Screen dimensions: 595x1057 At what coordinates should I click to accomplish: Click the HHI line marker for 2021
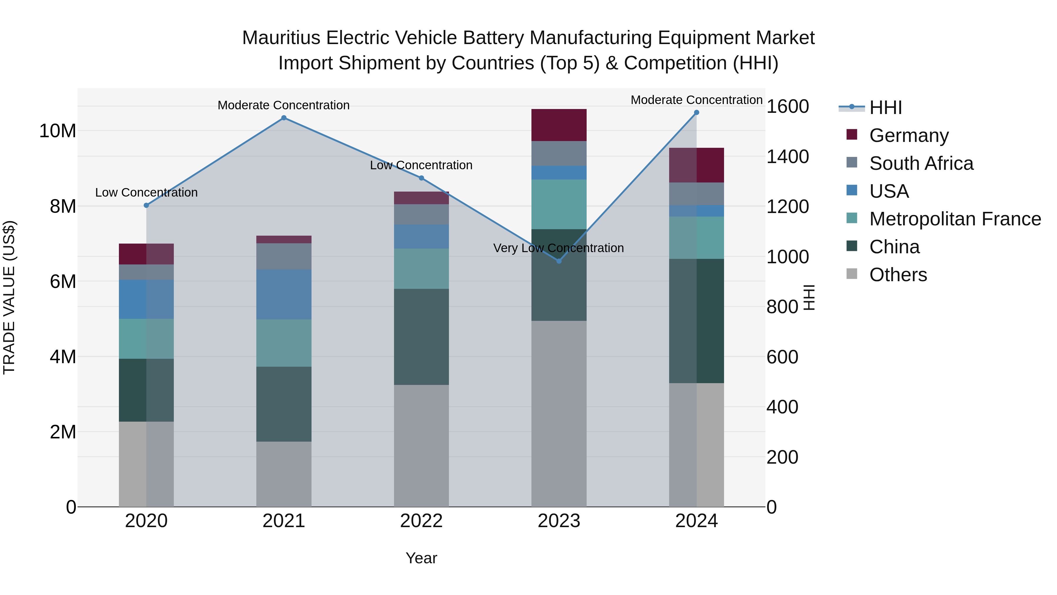pyautogui.click(x=284, y=118)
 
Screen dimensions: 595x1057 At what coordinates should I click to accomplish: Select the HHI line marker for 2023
pyautogui.click(x=558, y=261)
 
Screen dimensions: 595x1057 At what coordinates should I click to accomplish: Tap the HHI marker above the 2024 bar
pyautogui.click(x=696, y=113)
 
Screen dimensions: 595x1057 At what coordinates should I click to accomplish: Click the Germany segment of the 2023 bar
pyautogui.click(x=558, y=125)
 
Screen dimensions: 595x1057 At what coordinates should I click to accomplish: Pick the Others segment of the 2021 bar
pyautogui.click(x=284, y=474)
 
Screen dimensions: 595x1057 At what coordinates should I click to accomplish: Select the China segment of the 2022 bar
pyautogui.click(x=421, y=337)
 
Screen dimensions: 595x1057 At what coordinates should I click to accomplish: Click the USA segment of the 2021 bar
pyautogui.click(x=284, y=294)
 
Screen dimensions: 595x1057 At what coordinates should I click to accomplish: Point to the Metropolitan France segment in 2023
pyautogui.click(x=558, y=204)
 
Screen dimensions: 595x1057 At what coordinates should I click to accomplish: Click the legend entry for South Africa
pyautogui.click(x=921, y=163)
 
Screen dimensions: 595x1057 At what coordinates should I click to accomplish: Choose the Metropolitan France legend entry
pyautogui.click(x=955, y=219)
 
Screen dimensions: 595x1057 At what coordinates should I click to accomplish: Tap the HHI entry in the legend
pyautogui.click(x=885, y=108)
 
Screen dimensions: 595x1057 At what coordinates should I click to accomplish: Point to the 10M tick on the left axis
pyautogui.click(x=58, y=131)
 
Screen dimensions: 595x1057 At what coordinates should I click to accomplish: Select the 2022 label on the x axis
pyautogui.click(x=421, y=521)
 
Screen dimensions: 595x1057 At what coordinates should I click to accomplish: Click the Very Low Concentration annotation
pyautogui.click(x=558, y=248)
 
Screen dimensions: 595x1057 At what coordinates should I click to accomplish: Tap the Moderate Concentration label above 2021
pyautogui.click(x=284, y=105)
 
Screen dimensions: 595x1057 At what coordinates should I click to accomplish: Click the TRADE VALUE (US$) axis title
pyautogui.click(x=9, y=297)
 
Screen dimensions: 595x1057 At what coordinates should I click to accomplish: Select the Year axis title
pyautogui.click(x=421, y=558)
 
